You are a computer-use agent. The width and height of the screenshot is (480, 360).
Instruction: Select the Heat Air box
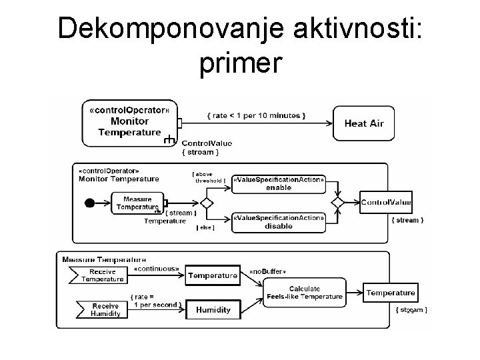363,123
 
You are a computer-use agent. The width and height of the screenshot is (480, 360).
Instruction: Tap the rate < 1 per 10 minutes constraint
257,115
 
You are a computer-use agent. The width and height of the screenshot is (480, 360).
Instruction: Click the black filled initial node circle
90,203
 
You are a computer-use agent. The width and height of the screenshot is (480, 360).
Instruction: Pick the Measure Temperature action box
137,203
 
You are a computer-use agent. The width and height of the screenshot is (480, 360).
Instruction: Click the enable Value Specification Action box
279,183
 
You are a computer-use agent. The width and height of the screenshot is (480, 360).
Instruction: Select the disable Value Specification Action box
279,222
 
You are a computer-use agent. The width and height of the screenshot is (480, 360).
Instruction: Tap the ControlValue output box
386,202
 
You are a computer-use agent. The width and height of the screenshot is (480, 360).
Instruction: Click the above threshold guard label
209,177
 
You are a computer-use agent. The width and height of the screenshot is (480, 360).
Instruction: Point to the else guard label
205,228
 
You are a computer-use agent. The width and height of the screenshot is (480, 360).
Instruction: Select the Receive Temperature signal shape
97,275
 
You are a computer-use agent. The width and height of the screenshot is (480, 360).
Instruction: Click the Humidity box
213,309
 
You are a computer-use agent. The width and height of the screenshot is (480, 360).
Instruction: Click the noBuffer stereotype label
267,272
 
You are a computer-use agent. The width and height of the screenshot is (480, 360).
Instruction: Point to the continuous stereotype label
156,269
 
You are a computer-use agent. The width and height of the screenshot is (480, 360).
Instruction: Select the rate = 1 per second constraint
155,301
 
